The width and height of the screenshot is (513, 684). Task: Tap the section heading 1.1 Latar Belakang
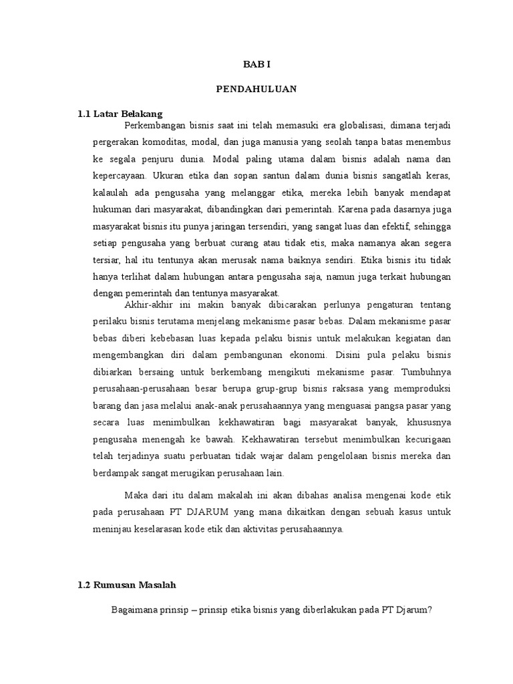tap(120, 114)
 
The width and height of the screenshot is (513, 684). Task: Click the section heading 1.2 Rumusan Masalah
tap(126, 585)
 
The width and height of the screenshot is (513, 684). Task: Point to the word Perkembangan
tap(155, 124)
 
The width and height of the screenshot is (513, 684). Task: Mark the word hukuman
tap(112, 210)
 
